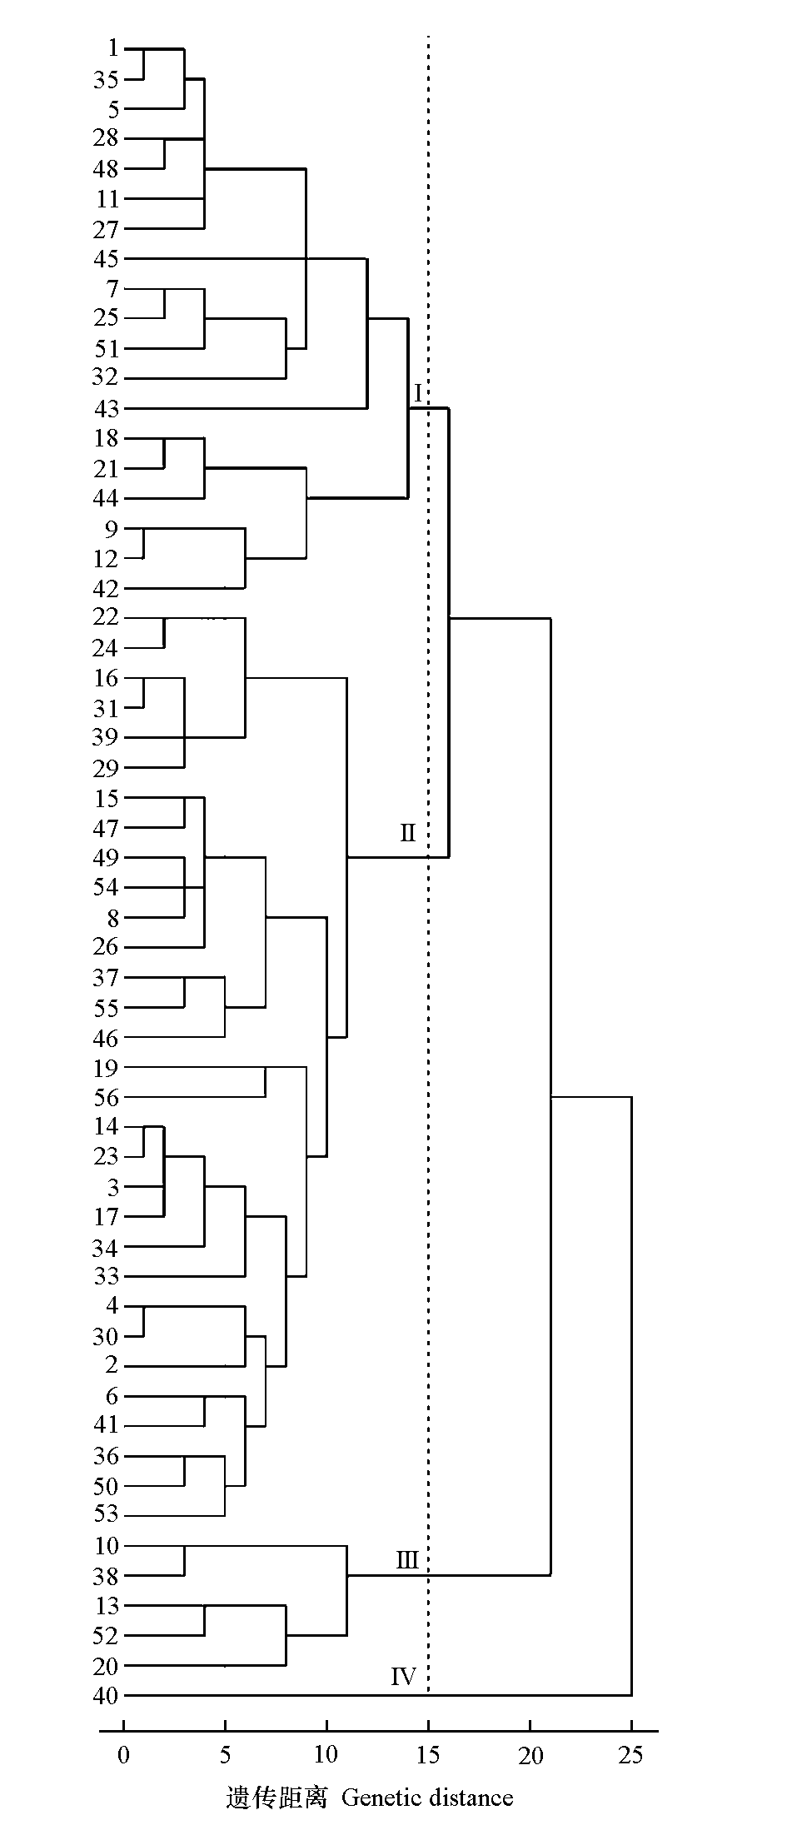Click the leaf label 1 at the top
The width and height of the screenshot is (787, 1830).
[x=112, y=48]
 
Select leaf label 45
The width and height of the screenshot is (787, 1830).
[x=106, y=259]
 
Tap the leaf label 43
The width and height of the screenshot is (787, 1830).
[x=106, y=409]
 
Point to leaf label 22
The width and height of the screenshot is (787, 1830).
[x=106, y=618]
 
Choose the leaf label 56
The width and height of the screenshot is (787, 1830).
[x=106, y=1098]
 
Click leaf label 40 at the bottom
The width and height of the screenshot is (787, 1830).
[x=106, y=1696]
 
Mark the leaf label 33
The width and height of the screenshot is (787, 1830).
[x=106, y=1276]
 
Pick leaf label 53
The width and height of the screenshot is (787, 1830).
[x=106, y=1515]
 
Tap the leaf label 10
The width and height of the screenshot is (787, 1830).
[x=106, y=1546]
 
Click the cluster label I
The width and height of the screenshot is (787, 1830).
[x=418, y=392]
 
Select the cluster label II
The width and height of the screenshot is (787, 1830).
[x=407, y=832]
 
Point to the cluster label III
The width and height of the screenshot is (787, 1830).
[x=407, y=1560]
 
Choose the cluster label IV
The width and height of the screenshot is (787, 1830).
[x=404, y=1676]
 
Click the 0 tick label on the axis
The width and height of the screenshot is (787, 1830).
[x=124, y=1755]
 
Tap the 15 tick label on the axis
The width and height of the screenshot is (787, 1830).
[x=428, y=1755]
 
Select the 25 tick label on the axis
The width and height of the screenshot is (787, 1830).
[x=631, y=1755]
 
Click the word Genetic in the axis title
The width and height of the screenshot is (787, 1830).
[x=379, y=1797]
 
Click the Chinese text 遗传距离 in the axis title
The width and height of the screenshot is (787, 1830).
[x=276, y=1797]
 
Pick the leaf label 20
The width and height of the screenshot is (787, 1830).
[x=106, y=1666]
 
